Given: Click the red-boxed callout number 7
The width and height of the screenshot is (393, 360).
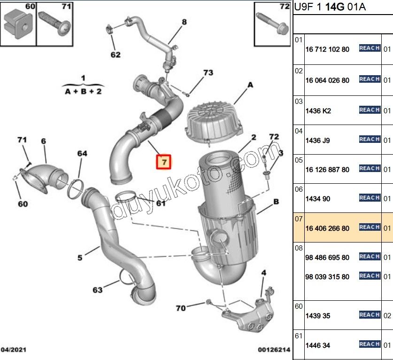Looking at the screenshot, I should click(164, 162).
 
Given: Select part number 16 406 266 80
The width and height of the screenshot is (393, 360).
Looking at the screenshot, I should click(327, 228).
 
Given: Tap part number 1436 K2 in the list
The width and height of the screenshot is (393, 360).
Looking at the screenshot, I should click(318, 111).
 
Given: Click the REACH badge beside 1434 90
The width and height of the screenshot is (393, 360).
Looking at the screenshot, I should click(369, 198).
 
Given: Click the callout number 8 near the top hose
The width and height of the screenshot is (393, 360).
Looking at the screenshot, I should click(184, 22).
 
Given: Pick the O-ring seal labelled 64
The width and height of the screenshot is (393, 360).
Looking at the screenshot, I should click(77, 187).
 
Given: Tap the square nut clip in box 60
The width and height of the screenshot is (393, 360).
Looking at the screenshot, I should click(17, 23).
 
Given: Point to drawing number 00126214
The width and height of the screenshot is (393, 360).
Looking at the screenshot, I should click(274, 350).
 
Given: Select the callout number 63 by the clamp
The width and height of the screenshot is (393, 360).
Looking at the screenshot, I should click(97, 290).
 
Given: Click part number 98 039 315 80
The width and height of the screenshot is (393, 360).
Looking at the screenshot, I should click(327, 277).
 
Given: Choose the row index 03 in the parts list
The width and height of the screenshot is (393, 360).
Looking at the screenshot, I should click(299, 101).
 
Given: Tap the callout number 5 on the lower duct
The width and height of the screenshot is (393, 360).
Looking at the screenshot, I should click(80, 257).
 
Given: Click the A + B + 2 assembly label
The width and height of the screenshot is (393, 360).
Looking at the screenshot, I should click(83, 91).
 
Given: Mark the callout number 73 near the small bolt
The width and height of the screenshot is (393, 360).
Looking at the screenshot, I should click(208, 73).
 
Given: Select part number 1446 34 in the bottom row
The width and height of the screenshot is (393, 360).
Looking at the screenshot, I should click(317, 345).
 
